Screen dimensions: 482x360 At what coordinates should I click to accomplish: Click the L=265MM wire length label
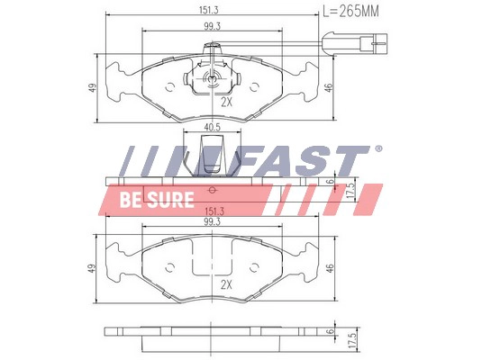coord(350,12)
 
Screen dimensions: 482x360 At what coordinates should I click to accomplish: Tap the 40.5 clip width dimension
coord(212,127)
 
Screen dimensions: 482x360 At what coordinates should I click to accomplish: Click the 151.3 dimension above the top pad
coord(209,10)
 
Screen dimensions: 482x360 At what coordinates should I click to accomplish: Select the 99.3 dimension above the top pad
coord(212,27)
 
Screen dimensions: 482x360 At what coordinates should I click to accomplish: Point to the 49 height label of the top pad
coord(93,87)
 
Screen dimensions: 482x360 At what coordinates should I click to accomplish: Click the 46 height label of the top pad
coord(329,87)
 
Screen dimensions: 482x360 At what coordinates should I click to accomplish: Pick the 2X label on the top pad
coord(226,103)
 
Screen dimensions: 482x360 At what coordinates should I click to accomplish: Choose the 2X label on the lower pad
coord(226,285)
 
